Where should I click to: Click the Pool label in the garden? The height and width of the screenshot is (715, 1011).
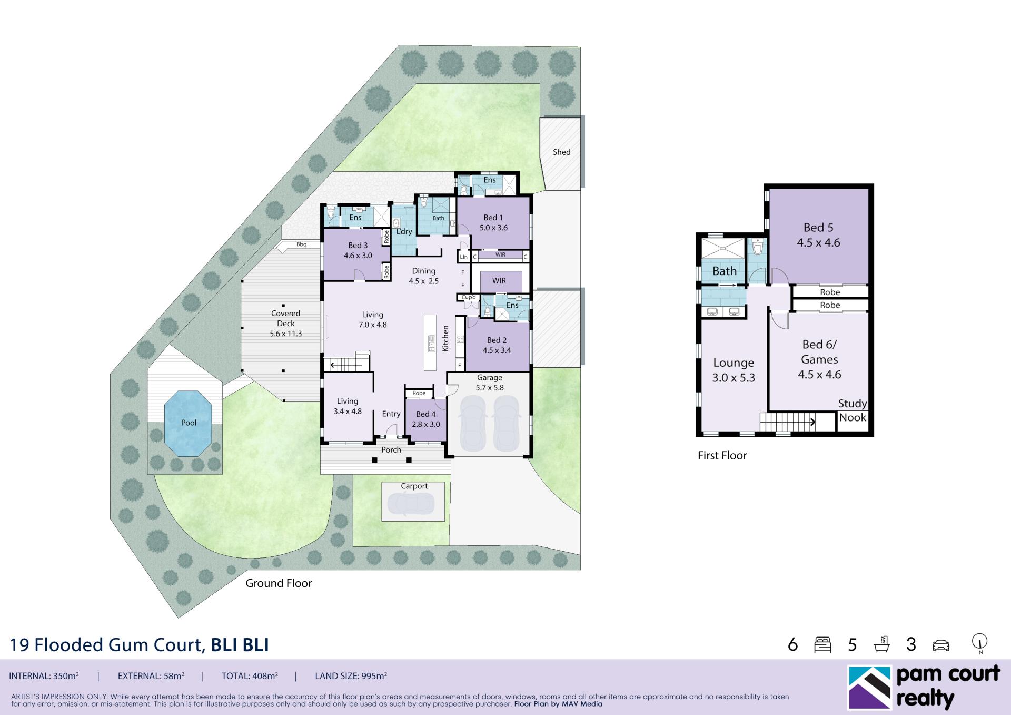[189, 423]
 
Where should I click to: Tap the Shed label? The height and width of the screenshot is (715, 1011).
[561, 152]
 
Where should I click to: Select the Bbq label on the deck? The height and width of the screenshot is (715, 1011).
[301, 244]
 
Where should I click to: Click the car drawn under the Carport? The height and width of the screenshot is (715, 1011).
[411, 504]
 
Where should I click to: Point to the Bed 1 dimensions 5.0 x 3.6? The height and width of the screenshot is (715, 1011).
[493, 228]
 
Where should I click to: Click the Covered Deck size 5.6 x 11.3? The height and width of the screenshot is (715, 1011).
[285, 334]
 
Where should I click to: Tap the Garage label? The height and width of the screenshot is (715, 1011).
[490, 378]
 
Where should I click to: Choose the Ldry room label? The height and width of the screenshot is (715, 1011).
[404, 232]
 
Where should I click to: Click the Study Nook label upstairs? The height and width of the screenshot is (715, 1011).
[853, 410]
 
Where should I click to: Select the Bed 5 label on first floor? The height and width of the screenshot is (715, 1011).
[818, 228]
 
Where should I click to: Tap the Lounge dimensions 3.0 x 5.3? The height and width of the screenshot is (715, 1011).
[734, 378]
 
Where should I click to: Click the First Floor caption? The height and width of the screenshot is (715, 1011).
[722, 456]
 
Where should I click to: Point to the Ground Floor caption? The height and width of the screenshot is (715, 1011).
[279, 583]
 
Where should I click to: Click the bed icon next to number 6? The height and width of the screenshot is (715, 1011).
[822, 645]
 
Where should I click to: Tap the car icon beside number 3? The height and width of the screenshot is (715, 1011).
[941, 645]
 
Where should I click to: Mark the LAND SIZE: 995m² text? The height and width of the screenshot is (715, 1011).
[351, 676]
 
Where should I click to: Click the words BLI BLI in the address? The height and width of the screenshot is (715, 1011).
[240, 645]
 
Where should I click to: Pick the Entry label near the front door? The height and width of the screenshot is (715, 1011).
[391, 414]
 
